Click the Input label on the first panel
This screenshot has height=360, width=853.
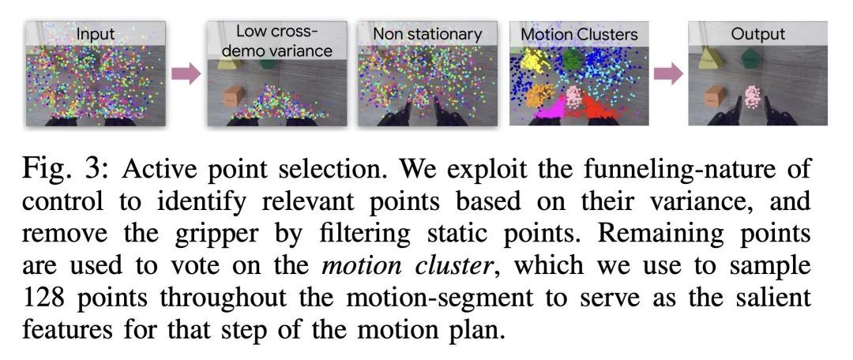(x=96, y=34)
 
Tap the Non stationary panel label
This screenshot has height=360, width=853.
(x=427, y=34)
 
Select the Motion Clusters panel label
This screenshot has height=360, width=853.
(x=579, y=34)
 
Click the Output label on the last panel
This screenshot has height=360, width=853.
(x=757, y=34)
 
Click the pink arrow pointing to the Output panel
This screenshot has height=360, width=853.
(x=668, y=74)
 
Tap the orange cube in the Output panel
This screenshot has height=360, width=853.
(x=714, y=96)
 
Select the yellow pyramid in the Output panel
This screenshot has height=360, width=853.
(x=708, y=58)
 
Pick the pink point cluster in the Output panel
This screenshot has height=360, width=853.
(x=753, y=96)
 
